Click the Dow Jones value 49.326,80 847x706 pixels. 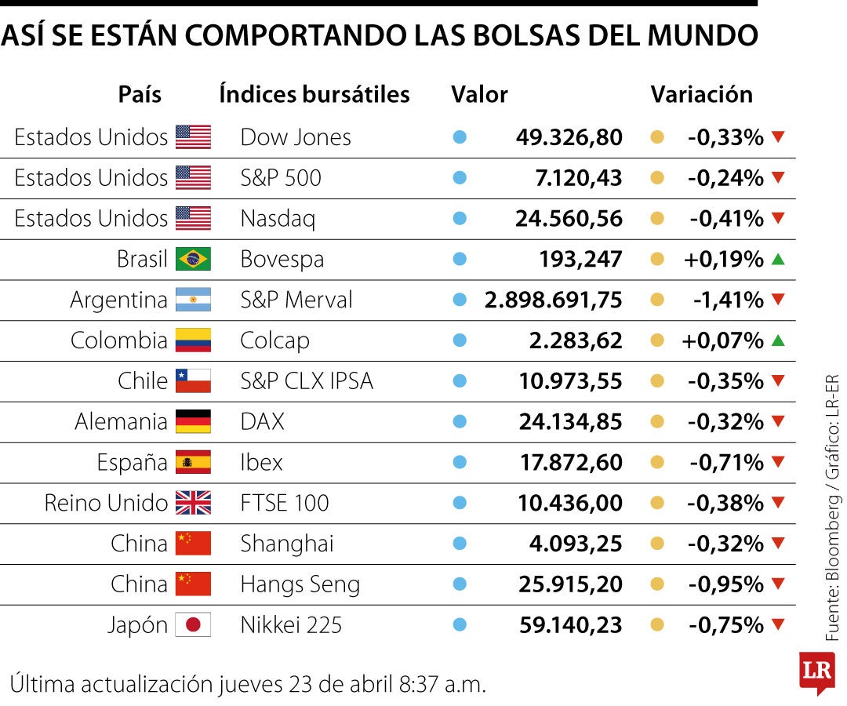[x=569, y=137]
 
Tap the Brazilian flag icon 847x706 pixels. [x=193, y=259]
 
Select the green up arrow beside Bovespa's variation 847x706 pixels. [x=778, y=259]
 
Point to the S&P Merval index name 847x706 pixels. [x=296, y=300]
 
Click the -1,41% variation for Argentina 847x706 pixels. [x=728, y=300]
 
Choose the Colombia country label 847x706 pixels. [x=118, y=340]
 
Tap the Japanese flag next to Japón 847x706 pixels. [x=193, y=625]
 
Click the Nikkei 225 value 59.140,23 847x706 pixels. [x=570, y=625]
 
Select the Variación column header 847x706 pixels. [x=701, y=95]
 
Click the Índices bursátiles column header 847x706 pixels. [x=314, y=95]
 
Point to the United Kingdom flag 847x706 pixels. [x=193, y=503]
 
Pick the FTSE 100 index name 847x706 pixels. [x=285, y=503]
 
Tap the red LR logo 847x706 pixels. [x=816, y=671]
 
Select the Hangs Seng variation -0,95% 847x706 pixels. [x=726, y=584]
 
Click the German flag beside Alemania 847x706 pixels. [x=193, y=422]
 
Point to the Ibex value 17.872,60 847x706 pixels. [x=571, y=463]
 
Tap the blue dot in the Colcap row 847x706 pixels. [x=460, y=340]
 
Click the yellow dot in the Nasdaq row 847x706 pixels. [x=657, y=219]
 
